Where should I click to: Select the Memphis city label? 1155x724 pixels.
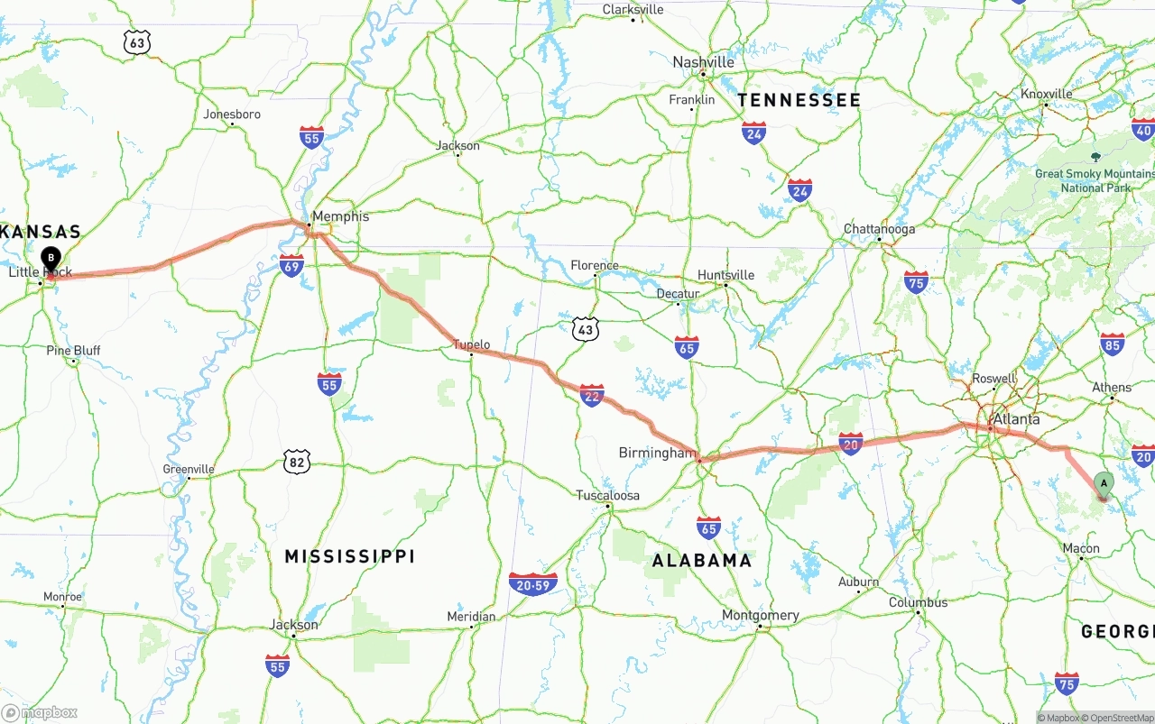pos(339,216)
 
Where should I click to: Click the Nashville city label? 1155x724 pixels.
pos(704,62)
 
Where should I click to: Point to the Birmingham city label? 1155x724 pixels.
pos(657,453)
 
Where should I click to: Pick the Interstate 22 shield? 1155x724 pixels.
pos(592,395)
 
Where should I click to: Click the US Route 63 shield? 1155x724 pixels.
pos(137,42)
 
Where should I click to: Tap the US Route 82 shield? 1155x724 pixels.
pos(296,463)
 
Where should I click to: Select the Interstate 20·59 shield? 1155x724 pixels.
pos(533,584)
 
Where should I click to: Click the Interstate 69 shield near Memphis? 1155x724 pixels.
pos(291,265)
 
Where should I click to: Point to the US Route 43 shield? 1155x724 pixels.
pos(586,330)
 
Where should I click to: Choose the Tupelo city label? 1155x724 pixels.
pos(471,344)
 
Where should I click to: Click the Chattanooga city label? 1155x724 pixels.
pos(879,229)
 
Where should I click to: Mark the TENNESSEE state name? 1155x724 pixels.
pos(799,100)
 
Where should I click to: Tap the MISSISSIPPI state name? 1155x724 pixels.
pos(349,556)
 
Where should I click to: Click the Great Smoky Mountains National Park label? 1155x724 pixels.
pos(1095,180)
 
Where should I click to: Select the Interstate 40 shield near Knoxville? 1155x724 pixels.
pos(1143,131)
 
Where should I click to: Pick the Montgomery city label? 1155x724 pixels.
pos(760,616)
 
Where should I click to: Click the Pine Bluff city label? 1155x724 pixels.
pos(74,351)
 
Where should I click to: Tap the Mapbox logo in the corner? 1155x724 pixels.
pos(40,712)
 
